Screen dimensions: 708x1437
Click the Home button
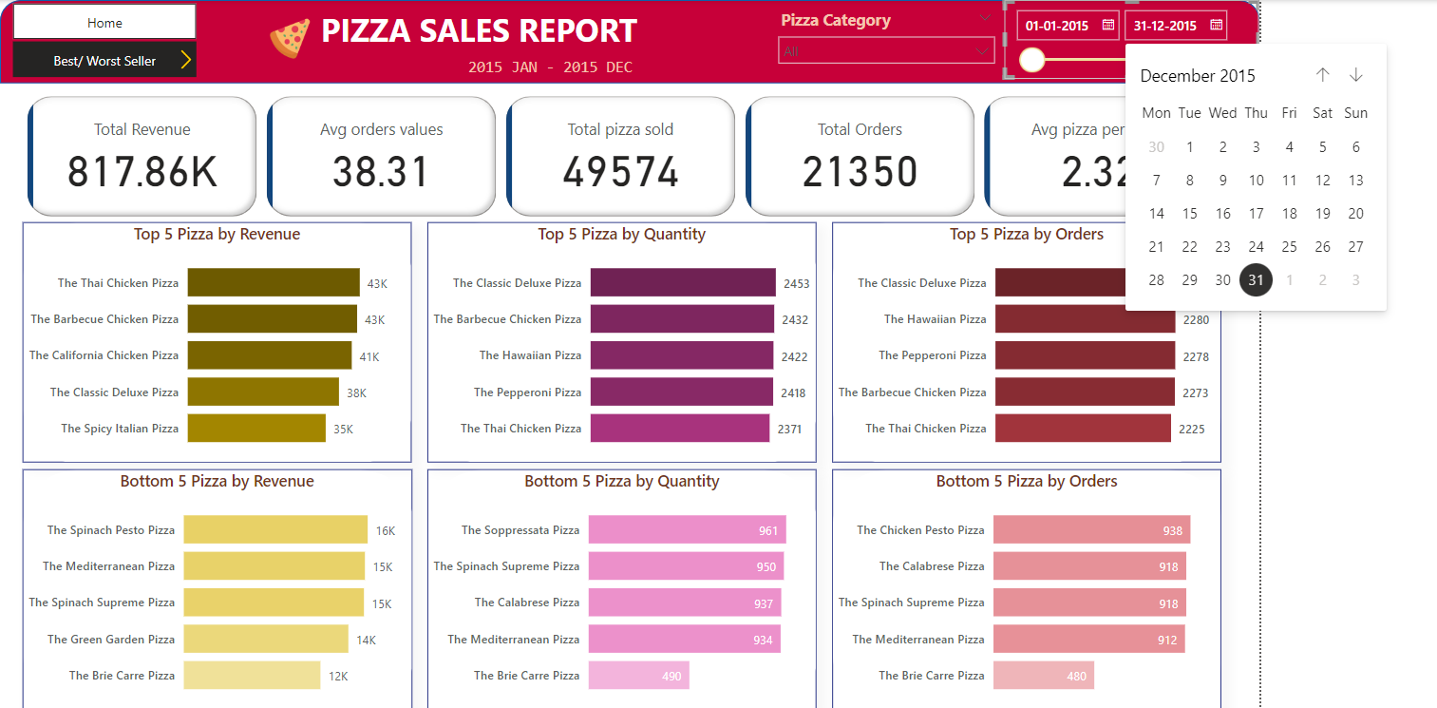click(104, 22)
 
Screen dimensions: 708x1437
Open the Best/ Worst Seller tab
click(104, 61)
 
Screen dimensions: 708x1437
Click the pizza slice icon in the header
click(290, 39)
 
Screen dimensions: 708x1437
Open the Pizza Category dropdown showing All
click(884, 51)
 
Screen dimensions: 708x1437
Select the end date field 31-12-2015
click(1176, 26)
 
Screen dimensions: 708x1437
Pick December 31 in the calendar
click(1256, 280)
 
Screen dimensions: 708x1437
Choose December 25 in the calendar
click(1289, 247)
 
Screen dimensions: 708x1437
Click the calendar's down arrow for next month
click(1355, 75)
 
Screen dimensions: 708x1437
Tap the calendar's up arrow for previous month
click(1322, 75)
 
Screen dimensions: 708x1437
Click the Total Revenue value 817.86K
click(142, 172)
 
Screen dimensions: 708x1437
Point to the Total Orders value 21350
click(860, 172)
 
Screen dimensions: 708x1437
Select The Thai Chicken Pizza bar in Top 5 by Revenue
click(274, 283)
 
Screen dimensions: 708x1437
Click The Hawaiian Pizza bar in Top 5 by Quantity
click(681, 355)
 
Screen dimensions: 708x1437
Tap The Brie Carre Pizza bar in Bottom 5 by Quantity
click(638, 676)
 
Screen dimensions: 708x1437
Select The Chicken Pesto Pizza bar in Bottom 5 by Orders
click(1090, 530)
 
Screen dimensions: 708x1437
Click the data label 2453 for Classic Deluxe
click(796, 283)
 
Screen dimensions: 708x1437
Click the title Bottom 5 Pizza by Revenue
click(217, 482)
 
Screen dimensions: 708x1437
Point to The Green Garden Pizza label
click(111, 640)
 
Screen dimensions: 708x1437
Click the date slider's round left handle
click(1031, 61)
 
